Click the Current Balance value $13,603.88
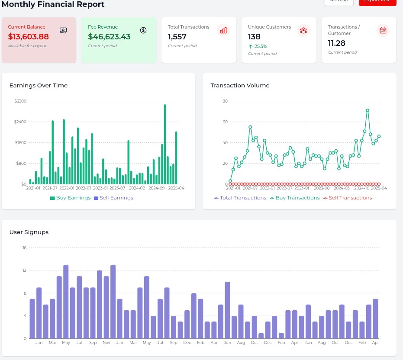[28, 36]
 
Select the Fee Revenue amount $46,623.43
[109, 37]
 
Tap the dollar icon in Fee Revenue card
[143, 30]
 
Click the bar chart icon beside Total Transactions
[223, 30]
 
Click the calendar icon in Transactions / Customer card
[383, 30]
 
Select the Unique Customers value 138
[254, 37]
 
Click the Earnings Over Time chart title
[39, 86]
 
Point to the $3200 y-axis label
[20, 101]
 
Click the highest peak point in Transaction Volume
[368, 110]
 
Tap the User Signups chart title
[29, 232]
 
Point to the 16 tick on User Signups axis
[25, 248]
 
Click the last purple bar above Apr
[375, 318]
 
